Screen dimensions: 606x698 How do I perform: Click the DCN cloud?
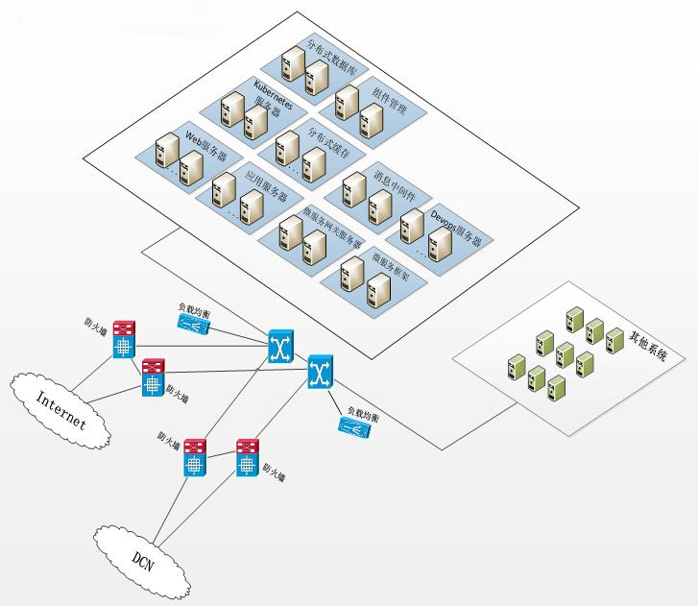point(142,556)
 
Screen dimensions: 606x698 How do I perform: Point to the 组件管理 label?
point(389,100)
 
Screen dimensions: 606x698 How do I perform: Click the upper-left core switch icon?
point(281,346)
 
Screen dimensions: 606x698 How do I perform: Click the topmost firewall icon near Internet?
point(124,339)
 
